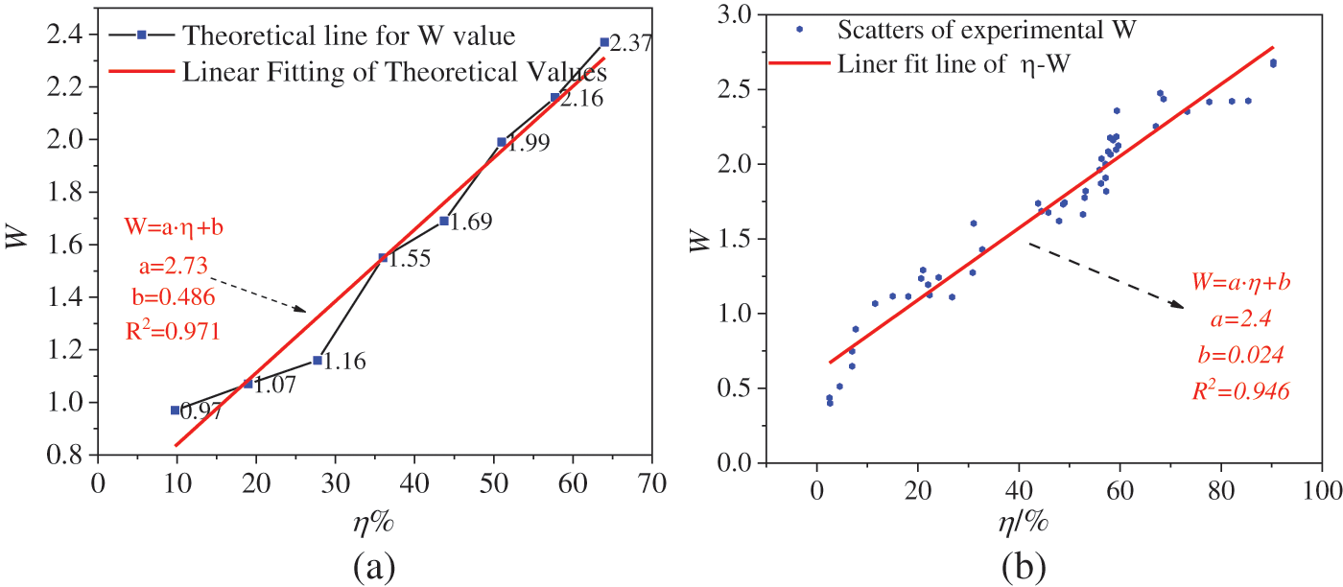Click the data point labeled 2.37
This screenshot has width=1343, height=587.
coord(604,42)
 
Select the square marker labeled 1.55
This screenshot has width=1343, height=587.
coord(383,257)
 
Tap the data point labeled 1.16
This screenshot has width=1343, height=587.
coord(318,360)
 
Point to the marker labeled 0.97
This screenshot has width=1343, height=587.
coord(175,410)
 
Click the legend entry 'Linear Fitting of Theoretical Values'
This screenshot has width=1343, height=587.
coord(394,72)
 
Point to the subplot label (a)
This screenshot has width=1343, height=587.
coord(372,566)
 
